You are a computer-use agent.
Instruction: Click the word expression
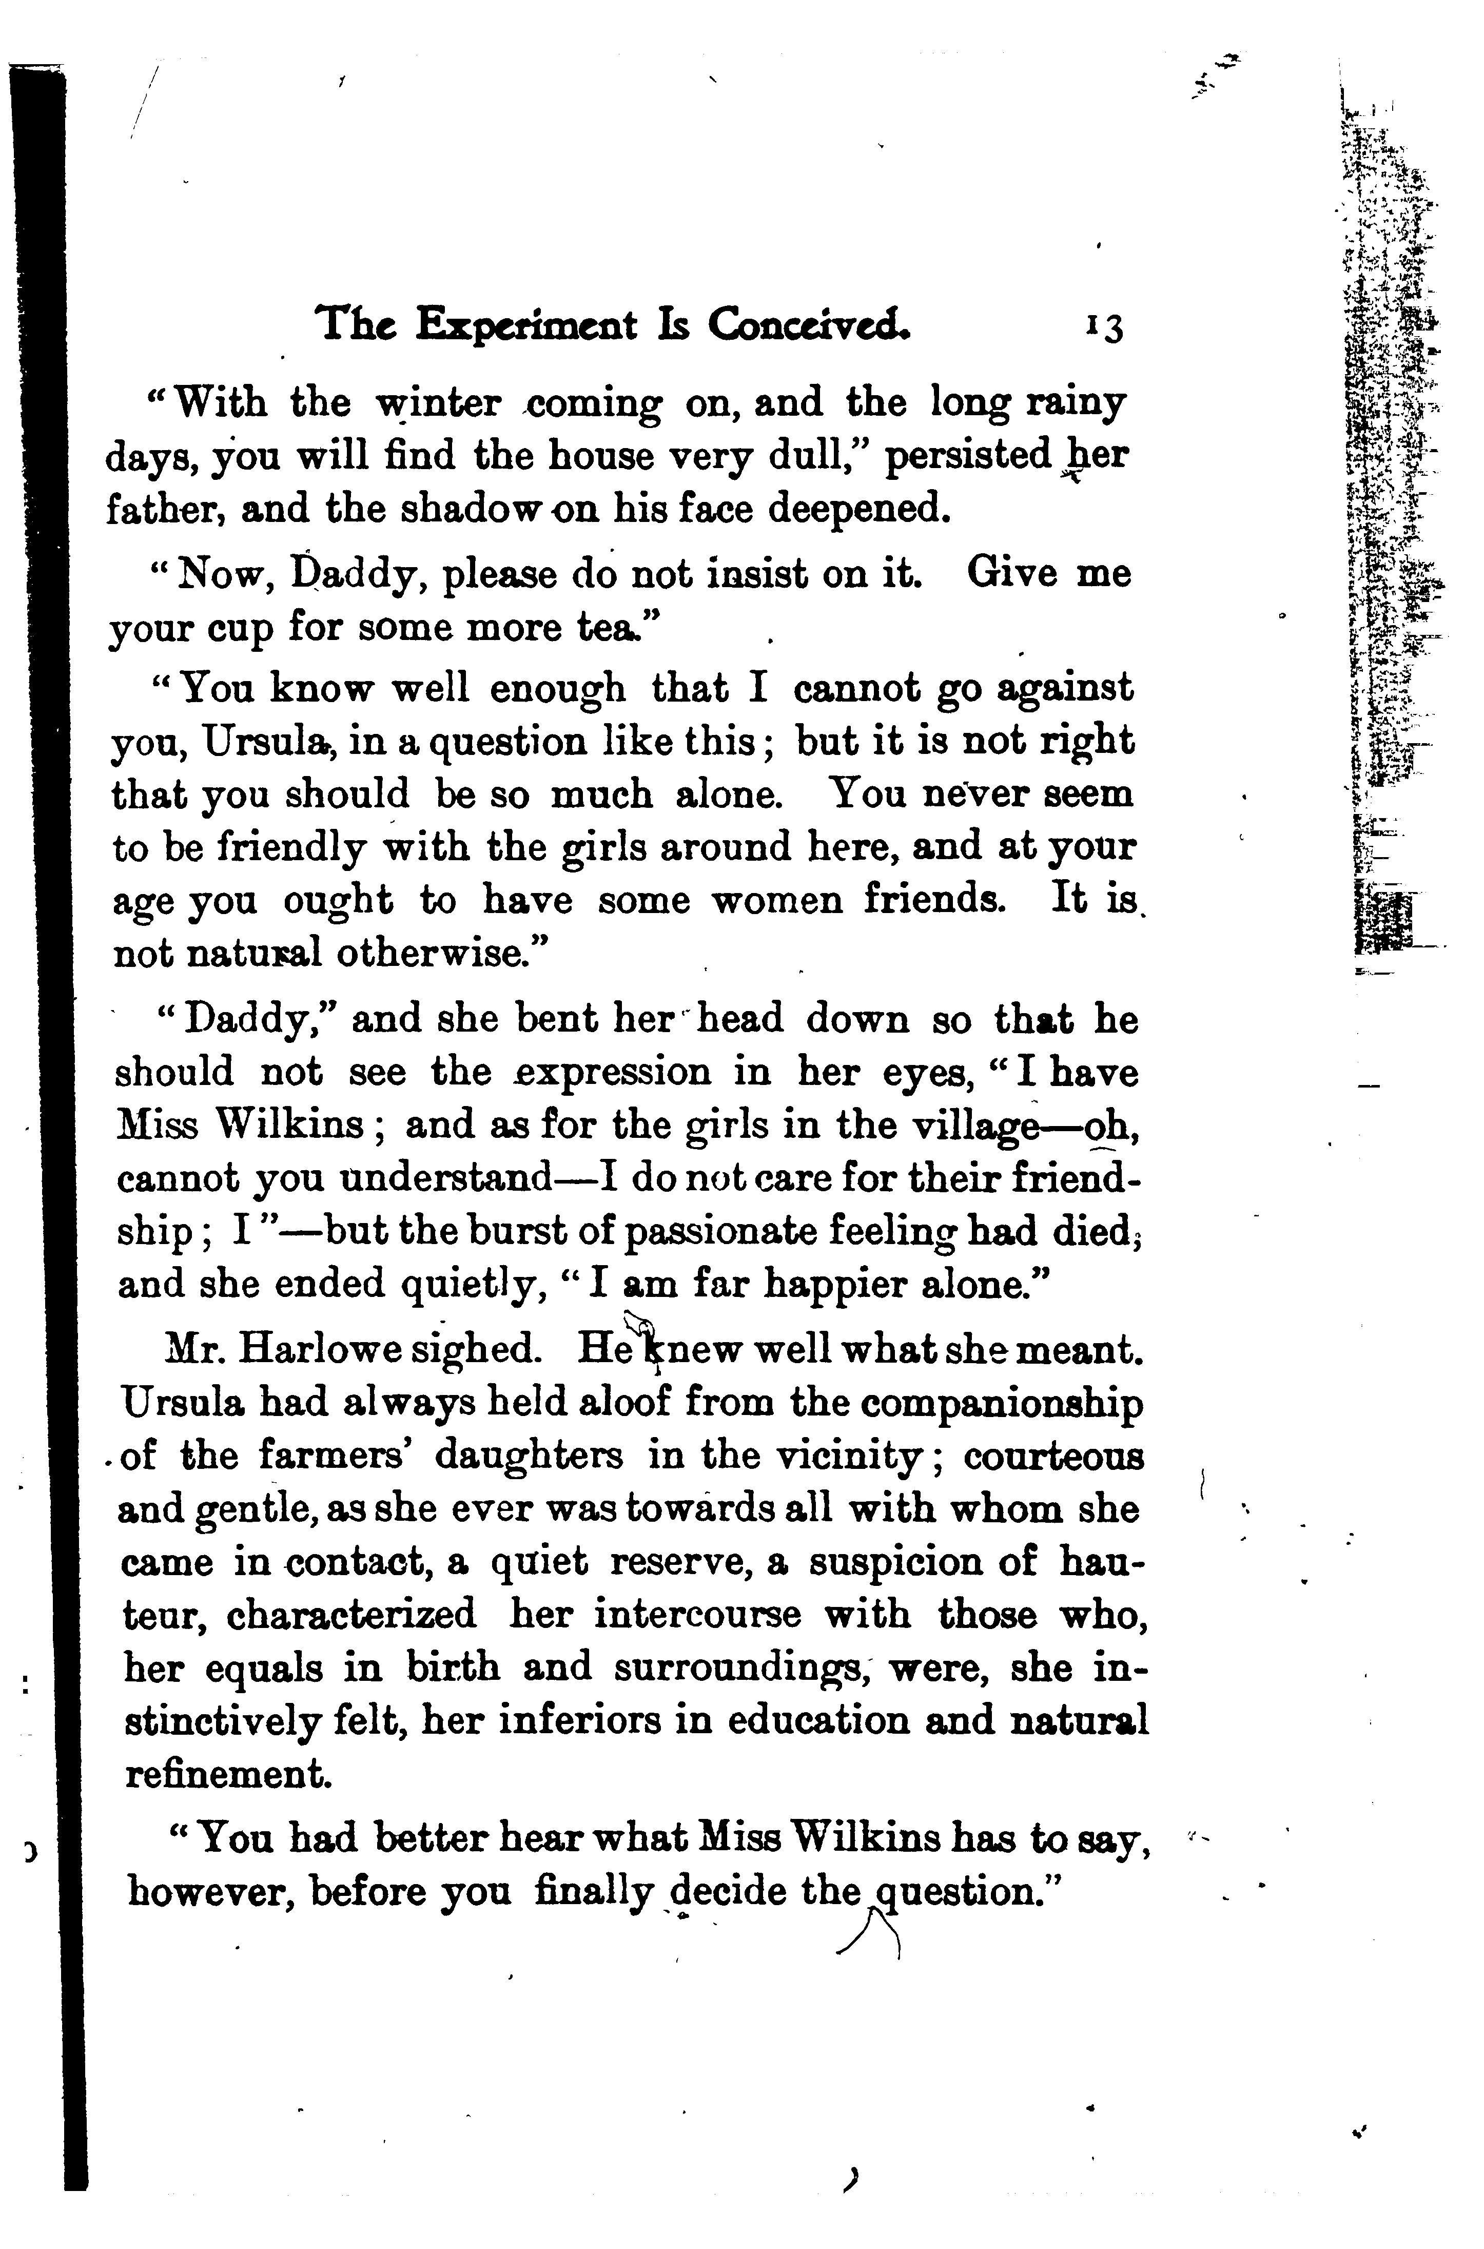pos(611,1073)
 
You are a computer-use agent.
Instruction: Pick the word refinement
pos(228,1774)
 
